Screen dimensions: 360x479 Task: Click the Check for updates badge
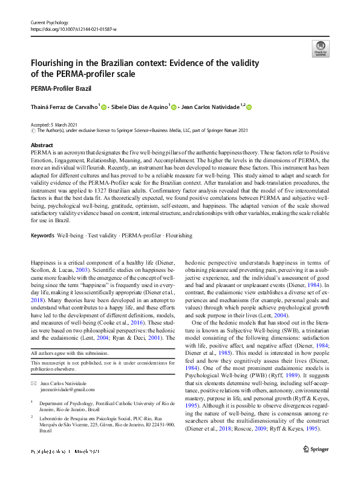(319, 48)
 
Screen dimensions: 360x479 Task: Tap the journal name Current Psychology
(50, 22)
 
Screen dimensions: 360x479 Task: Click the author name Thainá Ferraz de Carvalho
(64, 107)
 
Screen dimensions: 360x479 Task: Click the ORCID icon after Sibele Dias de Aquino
(175, 107)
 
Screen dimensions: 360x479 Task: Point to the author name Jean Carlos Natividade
(211, 107)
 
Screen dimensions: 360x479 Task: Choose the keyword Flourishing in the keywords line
(178, 235)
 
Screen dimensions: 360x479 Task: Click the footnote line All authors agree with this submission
(68, 352)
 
